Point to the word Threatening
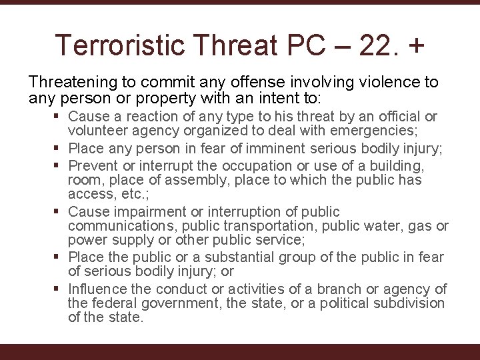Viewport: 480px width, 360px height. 69,82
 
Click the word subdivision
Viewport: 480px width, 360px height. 405,303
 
